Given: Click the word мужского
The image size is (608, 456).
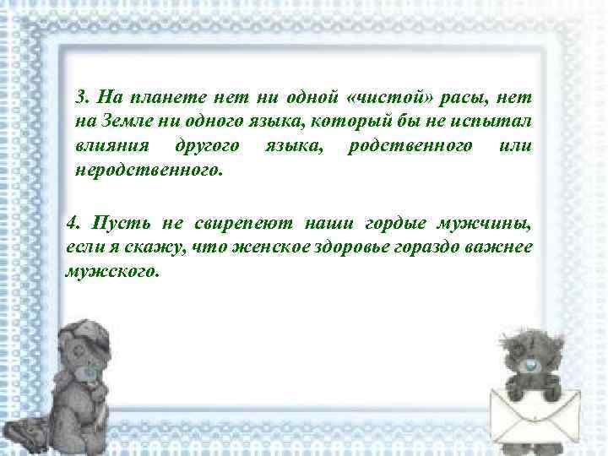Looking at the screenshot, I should coord(111,272).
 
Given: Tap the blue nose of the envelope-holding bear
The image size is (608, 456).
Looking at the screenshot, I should coord(529,366).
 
